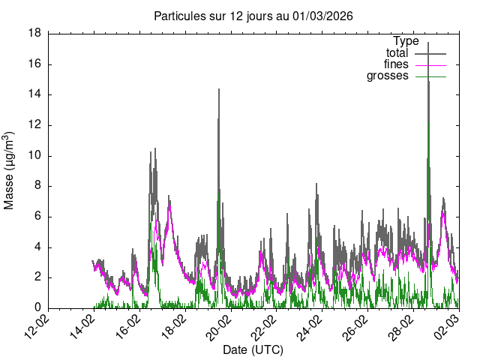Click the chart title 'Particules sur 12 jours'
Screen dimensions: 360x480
coord(253,16)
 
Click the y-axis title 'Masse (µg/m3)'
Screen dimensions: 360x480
coord(10,171)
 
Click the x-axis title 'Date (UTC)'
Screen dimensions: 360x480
coord(253,349)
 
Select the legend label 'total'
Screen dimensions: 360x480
coord(397,53)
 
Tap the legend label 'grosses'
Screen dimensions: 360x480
coord(387,76)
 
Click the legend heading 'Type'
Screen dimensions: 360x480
coord(406,41)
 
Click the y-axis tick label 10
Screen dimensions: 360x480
coord(34,156)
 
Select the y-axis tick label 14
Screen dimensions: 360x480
coord(34,94)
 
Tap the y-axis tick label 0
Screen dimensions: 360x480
coord(37,308)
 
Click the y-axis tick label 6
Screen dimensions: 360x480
coord(37,217)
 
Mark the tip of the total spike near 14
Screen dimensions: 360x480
coord(218,88)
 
